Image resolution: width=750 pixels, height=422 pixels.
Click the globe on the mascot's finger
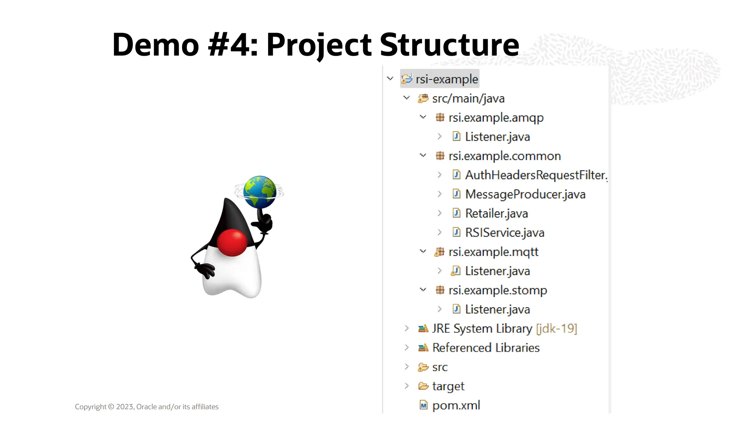pyautogui.click(x=260, y=192)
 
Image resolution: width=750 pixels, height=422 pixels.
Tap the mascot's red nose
pyautogui.click(x=232, y=242)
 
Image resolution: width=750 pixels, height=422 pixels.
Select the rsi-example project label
pyautogui.click(x=446, y=79)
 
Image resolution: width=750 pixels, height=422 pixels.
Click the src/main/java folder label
pyautogui.click(x=468, y=99)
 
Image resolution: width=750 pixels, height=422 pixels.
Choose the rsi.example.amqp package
pyautogui.click(x=496, y=118)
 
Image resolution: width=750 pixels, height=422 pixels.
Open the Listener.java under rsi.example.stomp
pyautogui.click(x=497, y=310)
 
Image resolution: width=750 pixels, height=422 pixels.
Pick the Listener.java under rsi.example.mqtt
pyautogui.click(x=497, y=271)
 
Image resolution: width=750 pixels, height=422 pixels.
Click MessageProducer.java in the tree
pyautogui.click(x=525, y=194)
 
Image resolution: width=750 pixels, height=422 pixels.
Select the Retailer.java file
pyautogui.click(x=496, y=214)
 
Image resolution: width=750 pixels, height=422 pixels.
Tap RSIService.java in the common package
pyautogui.click(x=505, y=233)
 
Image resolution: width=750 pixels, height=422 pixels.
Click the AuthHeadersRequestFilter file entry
pyautogui.click(x=536, y=175)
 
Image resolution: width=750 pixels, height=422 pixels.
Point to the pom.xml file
pyautogui.click(x=456, y=406)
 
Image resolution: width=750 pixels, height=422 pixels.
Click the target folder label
pyautogui.click(x=448, y=386)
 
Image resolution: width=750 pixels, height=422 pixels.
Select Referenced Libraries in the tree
pyautogui.click(x=486, y=348)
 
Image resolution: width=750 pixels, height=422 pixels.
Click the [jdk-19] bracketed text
pyautogui.click(x=556, y=329)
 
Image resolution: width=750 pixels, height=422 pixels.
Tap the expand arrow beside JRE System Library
pyautogui.click(x=406, y=328)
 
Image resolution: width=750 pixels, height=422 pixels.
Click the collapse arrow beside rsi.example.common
pyautogui.click(x=423, y=156)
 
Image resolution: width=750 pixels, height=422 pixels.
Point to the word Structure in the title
pyautogui.click(x=449, y=45)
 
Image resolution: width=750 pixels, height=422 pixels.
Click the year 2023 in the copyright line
pyautogui.click(x=125, y=407)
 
